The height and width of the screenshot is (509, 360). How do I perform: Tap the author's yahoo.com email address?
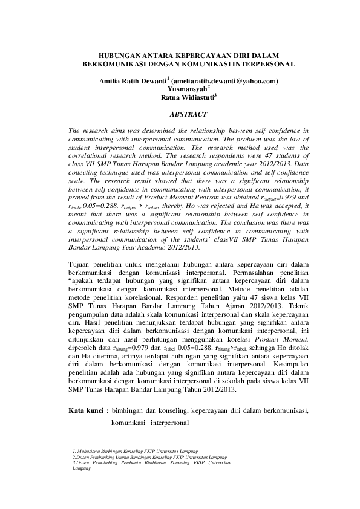pyautogui.click(x=224, y=80)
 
